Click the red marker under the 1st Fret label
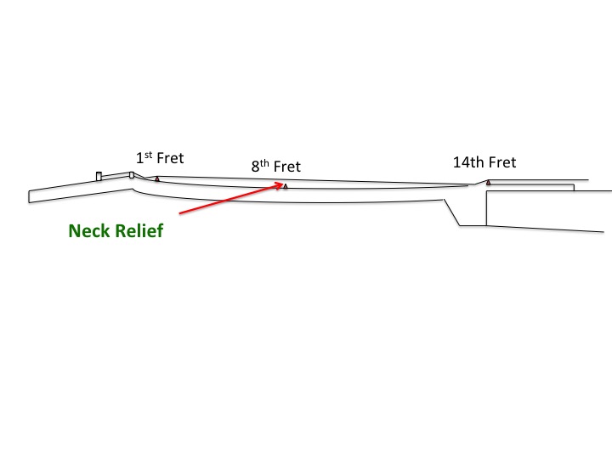157,179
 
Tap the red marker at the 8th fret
286,186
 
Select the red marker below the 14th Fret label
488,183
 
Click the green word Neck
90,230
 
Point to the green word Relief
139,230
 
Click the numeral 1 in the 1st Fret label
139,159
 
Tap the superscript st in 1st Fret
147,155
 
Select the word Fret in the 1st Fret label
169,158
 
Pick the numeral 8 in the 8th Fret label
255,167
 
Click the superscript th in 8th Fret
263,163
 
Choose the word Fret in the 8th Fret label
286,167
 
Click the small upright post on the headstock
99,176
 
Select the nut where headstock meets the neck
132,175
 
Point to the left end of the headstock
29,196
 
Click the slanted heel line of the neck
452,212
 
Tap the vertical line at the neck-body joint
486,209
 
